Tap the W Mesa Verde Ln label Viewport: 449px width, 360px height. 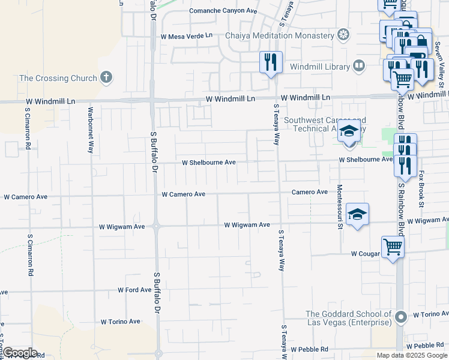click(x=187, y=36)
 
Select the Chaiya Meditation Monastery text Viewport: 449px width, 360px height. click(x=279, y=35)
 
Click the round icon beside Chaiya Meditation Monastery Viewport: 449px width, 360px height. click(x=344, y=35)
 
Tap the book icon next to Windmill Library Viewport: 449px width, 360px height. click(x=359, y=65)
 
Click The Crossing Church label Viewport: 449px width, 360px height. click(x=58, y=78)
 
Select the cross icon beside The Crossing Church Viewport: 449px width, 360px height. click(x=106, y=77)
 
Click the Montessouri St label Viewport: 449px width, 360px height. click(x=340, y=206)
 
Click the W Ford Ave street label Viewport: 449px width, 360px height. click(x=134, y=290)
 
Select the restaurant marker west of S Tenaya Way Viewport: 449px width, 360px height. click(x=270, y=62)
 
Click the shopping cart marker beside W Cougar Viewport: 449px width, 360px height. click(x=392, y=246)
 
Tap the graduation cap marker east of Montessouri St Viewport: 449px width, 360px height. click(x=357, y=214)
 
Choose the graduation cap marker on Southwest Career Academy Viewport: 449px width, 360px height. click(x=349, y=131)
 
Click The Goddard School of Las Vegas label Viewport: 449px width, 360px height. click(x=349, y=319)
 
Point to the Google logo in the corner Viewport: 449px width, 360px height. click(x=20, y=353)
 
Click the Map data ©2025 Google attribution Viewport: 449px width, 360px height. click(x=412, y=355)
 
